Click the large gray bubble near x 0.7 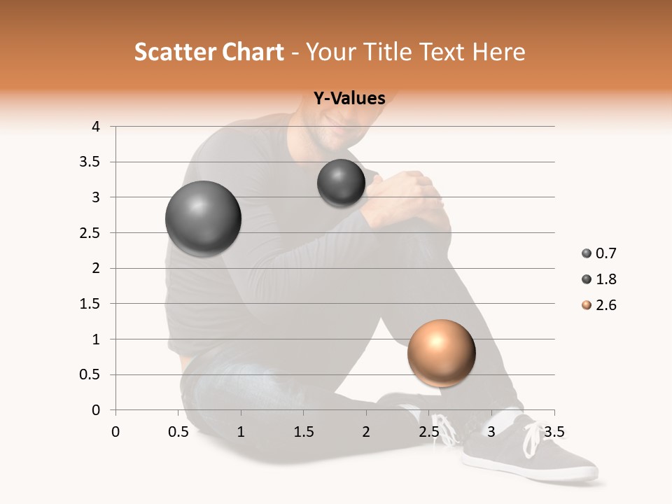tap(204, 218)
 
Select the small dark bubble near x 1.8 tap(341, 183)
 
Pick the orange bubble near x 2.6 tap(441, 353)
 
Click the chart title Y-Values tap(349, 99)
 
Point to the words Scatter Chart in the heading tap(209, 52)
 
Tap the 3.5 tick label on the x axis tap(554, 432)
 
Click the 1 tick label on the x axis tap(241, 432)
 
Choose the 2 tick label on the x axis tap(366, 432)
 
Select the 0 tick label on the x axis tap(115, 432)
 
